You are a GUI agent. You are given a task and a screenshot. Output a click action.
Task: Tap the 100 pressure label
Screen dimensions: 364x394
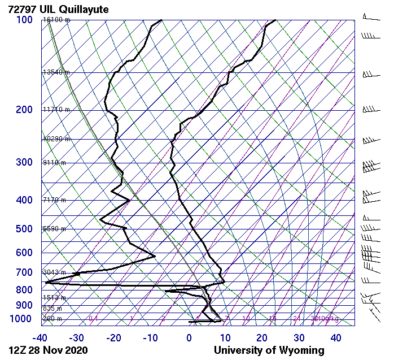coord(24,20)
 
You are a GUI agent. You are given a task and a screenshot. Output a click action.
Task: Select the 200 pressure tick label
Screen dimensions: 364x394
coord(24,110)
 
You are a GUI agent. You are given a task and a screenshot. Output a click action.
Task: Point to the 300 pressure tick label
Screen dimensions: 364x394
coord(24,163)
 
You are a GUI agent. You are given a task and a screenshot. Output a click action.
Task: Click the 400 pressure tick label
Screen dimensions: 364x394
coord(24,200)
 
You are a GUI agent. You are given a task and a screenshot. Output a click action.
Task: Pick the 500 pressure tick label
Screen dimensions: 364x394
coord(24,229)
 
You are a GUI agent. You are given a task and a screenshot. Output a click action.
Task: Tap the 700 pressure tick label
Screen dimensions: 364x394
coord(24,273)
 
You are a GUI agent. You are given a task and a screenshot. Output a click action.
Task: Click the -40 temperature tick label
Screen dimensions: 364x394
coord(40,338)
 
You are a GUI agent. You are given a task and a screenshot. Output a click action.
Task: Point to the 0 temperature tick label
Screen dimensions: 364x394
coord(189,338)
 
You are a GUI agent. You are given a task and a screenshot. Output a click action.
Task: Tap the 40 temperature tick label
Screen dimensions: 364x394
coord(336,338)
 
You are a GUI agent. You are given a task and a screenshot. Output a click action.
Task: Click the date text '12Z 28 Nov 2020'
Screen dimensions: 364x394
coord(48,350)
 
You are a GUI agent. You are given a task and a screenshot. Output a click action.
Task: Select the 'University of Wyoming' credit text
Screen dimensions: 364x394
coord(269,350)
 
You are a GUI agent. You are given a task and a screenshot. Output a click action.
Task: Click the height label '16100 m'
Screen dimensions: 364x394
coord(56,20)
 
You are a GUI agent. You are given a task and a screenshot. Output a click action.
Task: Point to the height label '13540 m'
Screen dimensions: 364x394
coord(56,72)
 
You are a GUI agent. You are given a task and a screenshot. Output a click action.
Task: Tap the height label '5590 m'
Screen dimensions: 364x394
coord(55,229)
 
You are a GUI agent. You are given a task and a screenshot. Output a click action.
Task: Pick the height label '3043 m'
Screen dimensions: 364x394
coord(55,272)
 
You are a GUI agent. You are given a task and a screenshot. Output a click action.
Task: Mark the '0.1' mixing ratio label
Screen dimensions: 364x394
coord(93,319)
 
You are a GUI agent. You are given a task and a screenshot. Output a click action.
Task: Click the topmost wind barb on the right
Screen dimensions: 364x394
coord(369,17)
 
